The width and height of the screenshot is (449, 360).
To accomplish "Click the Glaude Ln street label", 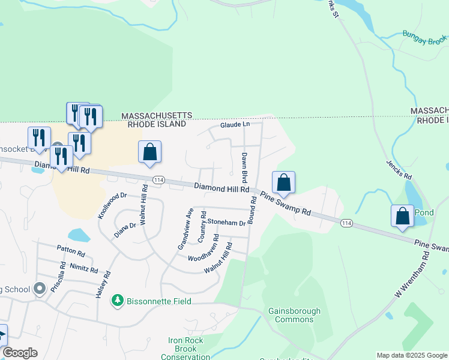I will coord(234,125).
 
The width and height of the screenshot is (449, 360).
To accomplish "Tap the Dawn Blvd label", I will coord(245,168).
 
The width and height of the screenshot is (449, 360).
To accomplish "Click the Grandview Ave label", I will coord(184,229).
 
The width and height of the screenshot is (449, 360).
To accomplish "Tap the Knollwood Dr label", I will coord(112,205).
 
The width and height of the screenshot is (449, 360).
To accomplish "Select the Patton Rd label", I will coord(71,248).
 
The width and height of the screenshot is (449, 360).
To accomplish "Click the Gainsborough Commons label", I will coord(294,315).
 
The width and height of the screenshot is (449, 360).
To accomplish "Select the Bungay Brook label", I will coord(425,40).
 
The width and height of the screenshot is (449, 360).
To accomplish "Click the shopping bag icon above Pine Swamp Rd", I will coord(283,182).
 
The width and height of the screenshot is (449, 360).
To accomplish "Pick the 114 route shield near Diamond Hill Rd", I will coord(158,179).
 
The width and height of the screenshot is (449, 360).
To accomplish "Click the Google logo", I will coord(20,353).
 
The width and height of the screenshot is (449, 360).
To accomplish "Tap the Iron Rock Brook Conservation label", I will coord(186,349).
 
